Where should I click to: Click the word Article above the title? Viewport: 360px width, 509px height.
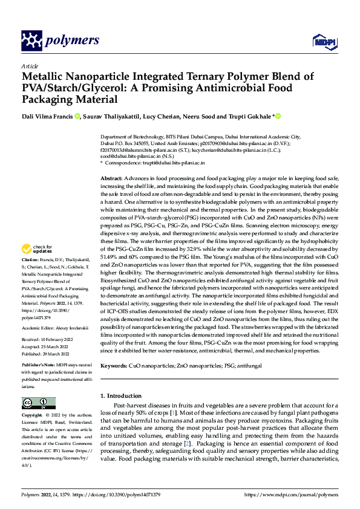pos(29,66)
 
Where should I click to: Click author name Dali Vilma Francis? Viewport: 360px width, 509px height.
pos(47,117)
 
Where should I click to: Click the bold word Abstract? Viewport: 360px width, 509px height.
pos(111,180)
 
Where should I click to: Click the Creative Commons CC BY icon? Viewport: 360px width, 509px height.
pos(38,403)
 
